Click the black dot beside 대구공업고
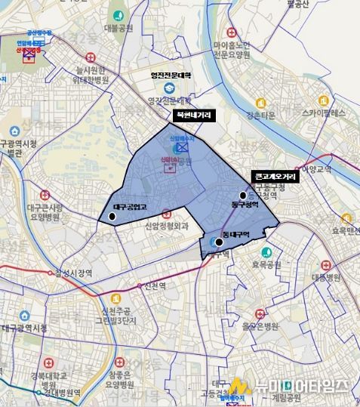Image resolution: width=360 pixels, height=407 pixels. click(x=112, y=217)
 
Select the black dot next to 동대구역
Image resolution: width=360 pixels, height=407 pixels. click(x=219, y=242)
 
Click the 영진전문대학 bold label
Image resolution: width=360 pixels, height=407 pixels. click(x=171, y=75)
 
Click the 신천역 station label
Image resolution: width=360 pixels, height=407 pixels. click(x=143, y=285)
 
